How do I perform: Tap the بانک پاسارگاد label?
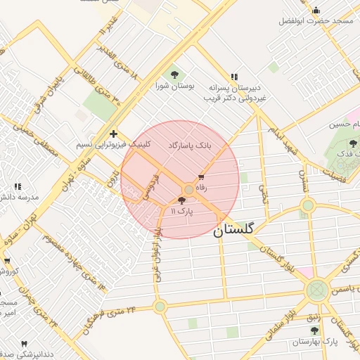click(189, 145)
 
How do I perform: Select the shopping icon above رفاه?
click(201, 177)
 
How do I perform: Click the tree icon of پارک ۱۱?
click(182, 201)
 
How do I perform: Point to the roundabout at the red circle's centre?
click(188, 190)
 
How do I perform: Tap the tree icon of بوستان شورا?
click(174, 75)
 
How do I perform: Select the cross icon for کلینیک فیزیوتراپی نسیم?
click(113, 133)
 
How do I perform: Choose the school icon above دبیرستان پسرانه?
click(234, 76)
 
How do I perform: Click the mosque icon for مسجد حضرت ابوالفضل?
click(316, 10)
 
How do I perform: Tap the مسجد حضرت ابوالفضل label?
click(316, 21)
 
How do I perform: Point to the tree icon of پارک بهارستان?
click(314, 329)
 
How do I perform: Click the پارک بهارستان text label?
click(314, 341)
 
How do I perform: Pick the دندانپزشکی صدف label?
click(21, 354)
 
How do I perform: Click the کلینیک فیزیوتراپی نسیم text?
click(104, 144)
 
